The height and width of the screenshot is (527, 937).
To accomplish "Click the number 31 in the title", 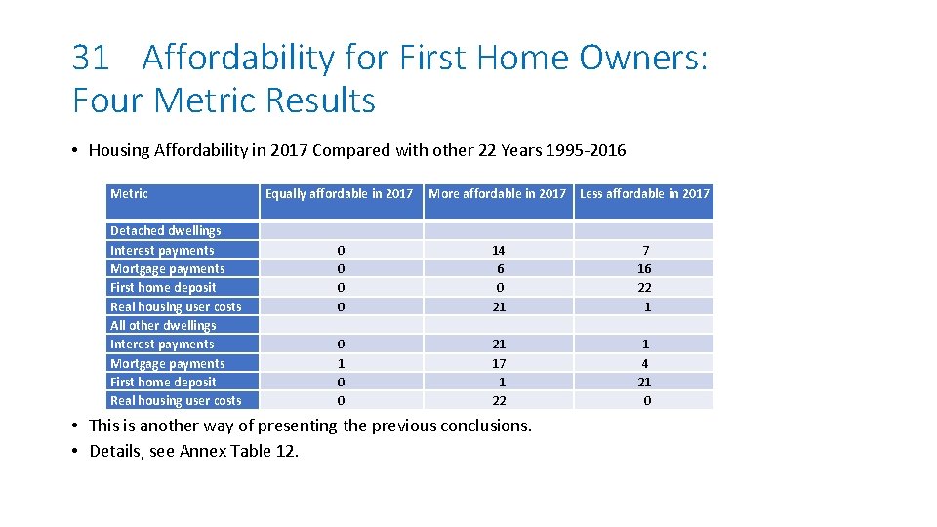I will pyautogui.click(x=91, y=59).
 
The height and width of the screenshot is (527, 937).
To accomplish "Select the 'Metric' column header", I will pyautogui.click(x=129, y=194).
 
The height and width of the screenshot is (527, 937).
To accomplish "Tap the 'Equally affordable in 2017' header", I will pyautogui.click(x=339, y=194).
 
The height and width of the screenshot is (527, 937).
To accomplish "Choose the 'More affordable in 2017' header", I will pyautogui.click(x=498, y=194).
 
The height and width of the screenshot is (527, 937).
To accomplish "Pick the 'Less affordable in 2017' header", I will pyautogui.click(x=644, y=194).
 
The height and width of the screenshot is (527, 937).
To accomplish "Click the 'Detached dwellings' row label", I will pyautogui.click(x=165, y=231).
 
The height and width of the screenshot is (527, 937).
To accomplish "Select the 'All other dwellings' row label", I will pyautogui.click(x=163, y=326).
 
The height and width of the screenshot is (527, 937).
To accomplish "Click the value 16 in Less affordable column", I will pyautogui.click(x=644, y=269).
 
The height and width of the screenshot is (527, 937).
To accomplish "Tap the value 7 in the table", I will pyautogui.click(x=644, y=251).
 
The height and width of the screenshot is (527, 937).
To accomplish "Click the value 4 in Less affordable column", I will pyautogui.click(x=644, y=364).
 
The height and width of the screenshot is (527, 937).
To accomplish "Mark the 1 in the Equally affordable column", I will pyautogui.click(x=341, y=364).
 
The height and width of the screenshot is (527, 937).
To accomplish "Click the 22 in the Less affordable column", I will pyautogui.click(x=644, y=288).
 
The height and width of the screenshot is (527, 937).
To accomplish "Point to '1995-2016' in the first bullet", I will pyautogui.click(x=593, y=150).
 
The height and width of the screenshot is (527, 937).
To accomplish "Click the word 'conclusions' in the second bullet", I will pyautogui.click(x=485, y=426).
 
